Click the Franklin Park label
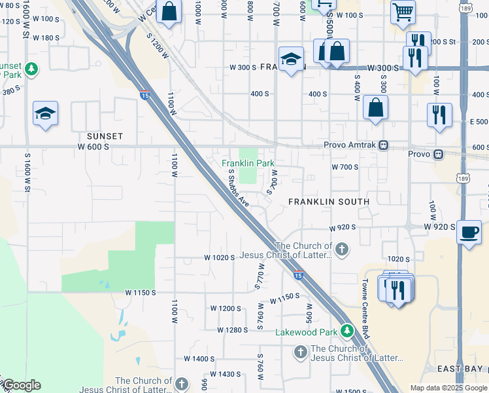[x=248, y=163]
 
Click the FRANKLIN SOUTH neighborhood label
[x=329, y=202]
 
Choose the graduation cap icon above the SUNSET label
[x=46, y=114]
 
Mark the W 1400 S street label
[x=199, y=359]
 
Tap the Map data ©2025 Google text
[x=448, y=388]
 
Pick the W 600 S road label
[x=93, y=147]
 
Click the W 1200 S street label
[x=226, y=308]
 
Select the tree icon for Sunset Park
[x=31, y=68]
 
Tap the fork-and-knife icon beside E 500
[x=439, y=115]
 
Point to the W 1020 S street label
[x=219, y=258]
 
